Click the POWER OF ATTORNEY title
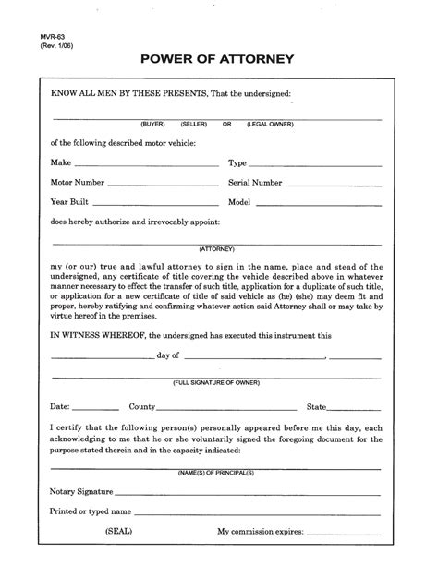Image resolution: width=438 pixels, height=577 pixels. (218, 60)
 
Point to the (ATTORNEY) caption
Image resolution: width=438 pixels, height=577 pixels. (217, 249)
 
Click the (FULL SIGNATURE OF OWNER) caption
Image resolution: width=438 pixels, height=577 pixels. (217, 382)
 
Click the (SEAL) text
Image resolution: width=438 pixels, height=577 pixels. (118, 533)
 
